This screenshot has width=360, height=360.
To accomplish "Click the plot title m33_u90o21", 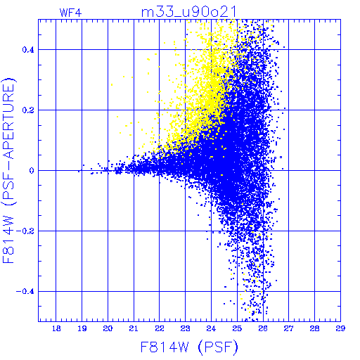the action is point(188,12).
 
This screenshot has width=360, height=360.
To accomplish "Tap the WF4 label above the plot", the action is point(70,13).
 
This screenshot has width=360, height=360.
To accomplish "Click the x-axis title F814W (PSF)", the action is point(189,347).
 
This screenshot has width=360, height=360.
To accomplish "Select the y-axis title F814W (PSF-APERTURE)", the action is point(9,170).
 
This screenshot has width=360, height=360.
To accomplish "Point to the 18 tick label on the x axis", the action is point(56,328).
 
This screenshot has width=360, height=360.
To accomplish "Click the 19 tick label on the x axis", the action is point(82,328).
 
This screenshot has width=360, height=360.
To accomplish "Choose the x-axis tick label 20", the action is point(108,328).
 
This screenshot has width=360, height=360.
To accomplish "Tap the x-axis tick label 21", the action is point(134,328).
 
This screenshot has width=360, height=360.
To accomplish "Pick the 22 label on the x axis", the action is point(160,328).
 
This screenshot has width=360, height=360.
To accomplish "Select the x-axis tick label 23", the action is point(186,328).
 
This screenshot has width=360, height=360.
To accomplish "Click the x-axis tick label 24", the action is point(211,328).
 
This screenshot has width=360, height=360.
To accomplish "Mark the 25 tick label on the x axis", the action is point(237,328).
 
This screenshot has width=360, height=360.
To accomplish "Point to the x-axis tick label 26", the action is point(263,328).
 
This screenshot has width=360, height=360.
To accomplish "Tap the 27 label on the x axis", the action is point(289,328).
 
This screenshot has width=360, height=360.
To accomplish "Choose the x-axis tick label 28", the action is point(315,328).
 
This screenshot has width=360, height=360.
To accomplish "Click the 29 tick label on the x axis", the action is point(340,328).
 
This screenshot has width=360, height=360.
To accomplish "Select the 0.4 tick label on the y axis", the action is point(28,50).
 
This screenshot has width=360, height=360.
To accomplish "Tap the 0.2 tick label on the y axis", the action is point(28,110).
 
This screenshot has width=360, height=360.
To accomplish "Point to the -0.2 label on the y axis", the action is point(25,231).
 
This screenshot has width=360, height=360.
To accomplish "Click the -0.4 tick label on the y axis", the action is point(25,292).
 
